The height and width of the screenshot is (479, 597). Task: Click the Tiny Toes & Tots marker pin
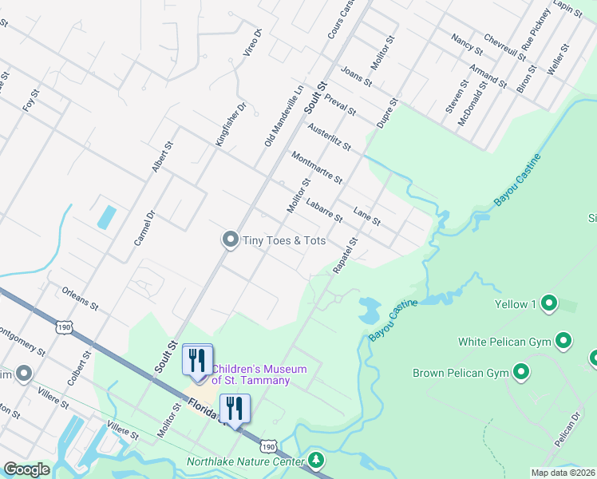point(230,240)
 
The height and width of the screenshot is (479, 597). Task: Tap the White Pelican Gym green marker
point(564,342)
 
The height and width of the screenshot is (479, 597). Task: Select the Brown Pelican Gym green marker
point(522,373)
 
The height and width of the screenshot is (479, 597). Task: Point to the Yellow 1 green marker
point(548,304)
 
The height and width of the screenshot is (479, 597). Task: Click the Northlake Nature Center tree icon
point(317,461)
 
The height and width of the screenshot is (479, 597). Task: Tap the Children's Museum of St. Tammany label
point(247,374)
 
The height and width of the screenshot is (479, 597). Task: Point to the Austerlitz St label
point(329,137)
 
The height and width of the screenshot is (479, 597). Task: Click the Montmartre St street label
point(316,168)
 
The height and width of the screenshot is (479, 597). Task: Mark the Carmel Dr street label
point(144,228)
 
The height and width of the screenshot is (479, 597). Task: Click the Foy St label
point(30,105)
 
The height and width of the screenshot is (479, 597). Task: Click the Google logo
point(26,469)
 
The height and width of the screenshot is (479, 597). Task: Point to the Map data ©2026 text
point(562,473)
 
